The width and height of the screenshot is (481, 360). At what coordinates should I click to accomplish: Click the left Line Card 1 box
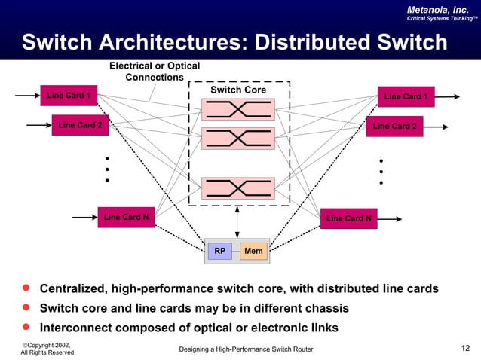click(x=69, y=96)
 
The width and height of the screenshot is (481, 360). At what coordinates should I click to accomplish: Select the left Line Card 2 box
click(x=80, y=125)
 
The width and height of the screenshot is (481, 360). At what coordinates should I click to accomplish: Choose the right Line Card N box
click(x=348, y=219)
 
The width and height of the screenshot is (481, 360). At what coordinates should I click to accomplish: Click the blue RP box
click(x=220, y=251)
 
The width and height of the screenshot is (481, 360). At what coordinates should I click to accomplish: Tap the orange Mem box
click(x=253, y=251)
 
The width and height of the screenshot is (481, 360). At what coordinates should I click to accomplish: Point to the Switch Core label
click(x=237, y=90)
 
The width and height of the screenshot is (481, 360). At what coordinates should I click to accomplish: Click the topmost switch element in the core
click(x=237, y=109)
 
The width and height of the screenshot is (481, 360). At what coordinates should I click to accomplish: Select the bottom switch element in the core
click(x=237, y=188)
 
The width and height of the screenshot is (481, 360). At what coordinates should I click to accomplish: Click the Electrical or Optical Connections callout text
click(x=155, y=72)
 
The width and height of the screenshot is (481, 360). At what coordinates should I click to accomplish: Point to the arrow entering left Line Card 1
click(x=27, y=96)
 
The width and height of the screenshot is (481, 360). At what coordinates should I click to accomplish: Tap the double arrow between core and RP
click(x=237, y=221)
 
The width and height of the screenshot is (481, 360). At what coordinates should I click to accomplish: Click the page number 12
click(x=465, y=347)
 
